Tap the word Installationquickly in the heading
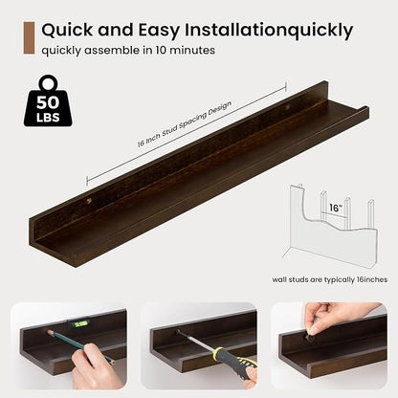click(x=269, y=31)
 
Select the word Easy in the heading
click(x=159, y=32)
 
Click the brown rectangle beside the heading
click(x=29, y=38)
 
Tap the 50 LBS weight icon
click(x=48, y=101)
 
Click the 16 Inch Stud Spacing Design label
click(x=185, y=124)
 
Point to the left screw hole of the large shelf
click(x=89, y=201)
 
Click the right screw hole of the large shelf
click(x=288, y=107)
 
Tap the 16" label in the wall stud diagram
click(x=335, y=208)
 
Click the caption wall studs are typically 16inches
click(x=330, y=279)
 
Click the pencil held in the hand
click(x=80, y=347)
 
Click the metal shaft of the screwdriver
click(x=195, y=341)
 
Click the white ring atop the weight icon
click(x=49, y=82)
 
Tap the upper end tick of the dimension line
click(x=286, y=86)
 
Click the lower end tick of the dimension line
click(x=87, y=181)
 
